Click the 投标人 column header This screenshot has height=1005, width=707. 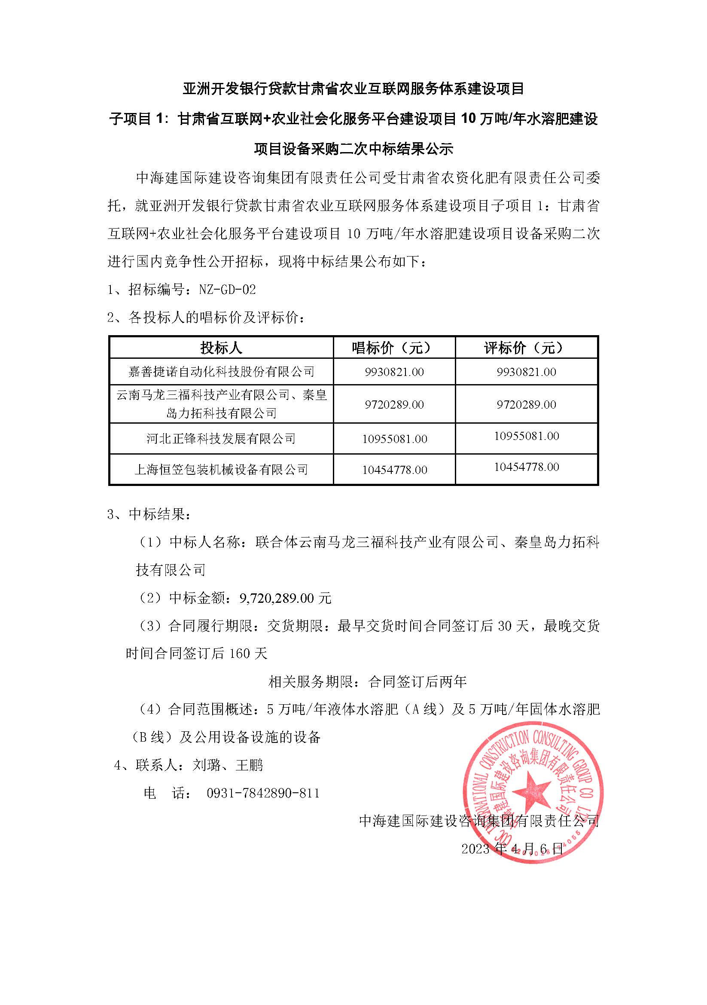click(221, 348)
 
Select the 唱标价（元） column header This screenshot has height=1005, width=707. click(394, 348)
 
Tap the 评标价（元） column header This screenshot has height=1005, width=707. click(526, 348)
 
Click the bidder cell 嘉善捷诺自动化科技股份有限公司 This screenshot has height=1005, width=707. click(221, 372)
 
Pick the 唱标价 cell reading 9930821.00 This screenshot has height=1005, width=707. click(394, 372)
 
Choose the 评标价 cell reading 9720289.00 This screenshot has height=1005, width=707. click(526, 404)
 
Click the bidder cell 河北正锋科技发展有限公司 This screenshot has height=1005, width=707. click(221, 439)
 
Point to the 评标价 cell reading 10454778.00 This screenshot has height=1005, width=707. click(526, 467)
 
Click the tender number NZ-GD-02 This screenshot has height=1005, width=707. click(227, 290)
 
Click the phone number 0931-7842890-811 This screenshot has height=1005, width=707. click(263, 793)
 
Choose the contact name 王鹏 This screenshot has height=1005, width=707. click(250, 765)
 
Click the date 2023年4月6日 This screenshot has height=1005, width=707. click(512, 849)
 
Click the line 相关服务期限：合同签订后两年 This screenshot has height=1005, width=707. click(368, 681)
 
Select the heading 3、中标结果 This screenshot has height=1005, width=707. click(149, 514)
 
